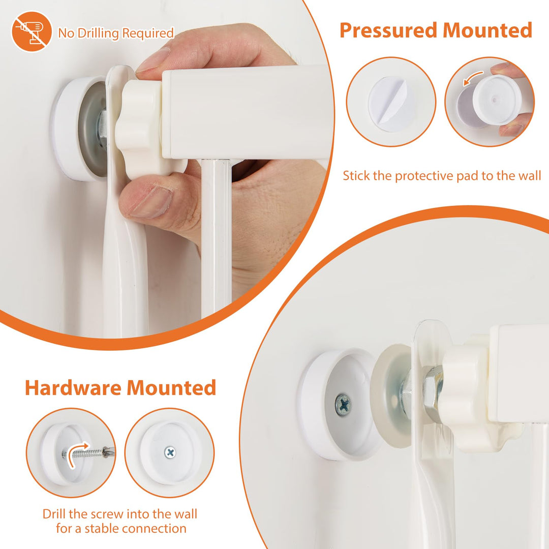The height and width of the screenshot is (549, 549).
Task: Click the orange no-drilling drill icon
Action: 32,31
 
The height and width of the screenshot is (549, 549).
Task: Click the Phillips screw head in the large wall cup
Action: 343,405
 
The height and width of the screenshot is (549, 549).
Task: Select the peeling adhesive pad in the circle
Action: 391,104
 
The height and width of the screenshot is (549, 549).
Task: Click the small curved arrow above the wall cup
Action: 473,77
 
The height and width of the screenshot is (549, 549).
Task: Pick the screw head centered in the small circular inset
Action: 170,452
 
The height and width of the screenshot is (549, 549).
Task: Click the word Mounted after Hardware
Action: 171,387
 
